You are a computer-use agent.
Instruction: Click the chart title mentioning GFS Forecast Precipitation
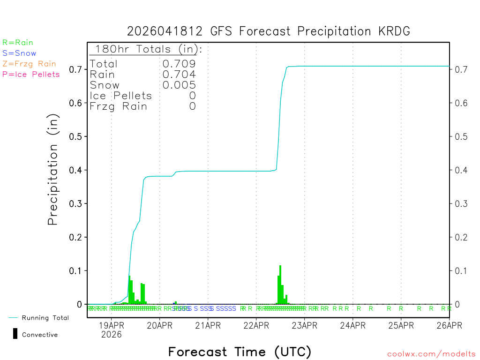point(268,31)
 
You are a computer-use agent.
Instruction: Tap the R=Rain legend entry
point(18,43)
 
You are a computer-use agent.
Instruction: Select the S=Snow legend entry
point(19,53)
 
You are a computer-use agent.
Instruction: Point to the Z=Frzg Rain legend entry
point(29,64)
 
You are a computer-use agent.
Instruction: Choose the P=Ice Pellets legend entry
point(31,74)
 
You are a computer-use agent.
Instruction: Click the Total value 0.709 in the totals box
point(179,64)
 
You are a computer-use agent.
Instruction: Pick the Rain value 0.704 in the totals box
point(179,75)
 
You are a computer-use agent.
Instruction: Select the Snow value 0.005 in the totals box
point(179,85)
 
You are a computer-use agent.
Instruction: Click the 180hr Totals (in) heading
point(146,49)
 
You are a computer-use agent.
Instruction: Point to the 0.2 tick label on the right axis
point(461,237)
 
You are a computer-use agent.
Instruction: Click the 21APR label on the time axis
point(208,325)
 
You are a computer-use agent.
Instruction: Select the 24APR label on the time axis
point(352,325)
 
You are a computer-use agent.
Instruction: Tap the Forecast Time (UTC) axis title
point(240,352)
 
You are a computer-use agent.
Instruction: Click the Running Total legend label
point(45,318)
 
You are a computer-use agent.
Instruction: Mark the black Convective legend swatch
point(15,334)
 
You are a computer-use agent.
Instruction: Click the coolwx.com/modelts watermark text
point(431,354)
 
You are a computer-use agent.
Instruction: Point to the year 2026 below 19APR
point(112,335)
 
